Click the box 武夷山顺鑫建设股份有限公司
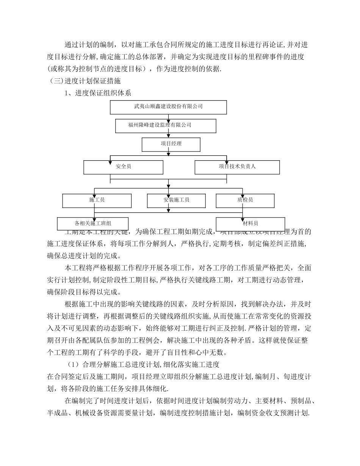(168, 107)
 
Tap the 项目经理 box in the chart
(171, 144)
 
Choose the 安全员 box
(123, 167)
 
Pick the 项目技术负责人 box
(237, 167)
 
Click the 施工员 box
(97, 200)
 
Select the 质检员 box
(245, 200)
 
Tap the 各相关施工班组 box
(92, 224)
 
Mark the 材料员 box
(250, 224)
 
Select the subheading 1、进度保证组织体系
(98, 92)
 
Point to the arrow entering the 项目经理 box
(171, 136)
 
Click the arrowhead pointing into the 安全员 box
(110, 159)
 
